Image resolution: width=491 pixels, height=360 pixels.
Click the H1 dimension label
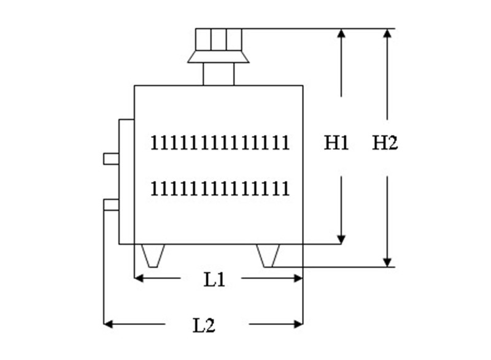point(336,144)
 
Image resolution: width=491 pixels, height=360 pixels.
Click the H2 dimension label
point(385,144)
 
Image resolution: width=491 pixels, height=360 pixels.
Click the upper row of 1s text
point(220,143)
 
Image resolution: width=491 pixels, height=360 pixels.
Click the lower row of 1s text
point(220,188)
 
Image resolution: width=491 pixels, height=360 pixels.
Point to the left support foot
point(153,255)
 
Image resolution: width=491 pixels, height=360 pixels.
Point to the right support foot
point(268,255)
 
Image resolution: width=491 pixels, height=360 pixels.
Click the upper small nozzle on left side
point(111,159)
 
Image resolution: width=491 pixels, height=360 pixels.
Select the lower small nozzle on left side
point(111,205)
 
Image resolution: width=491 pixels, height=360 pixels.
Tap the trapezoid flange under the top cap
point(218,57)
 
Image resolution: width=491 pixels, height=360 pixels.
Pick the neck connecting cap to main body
point(218,74)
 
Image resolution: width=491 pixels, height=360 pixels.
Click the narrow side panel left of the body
point(126,181)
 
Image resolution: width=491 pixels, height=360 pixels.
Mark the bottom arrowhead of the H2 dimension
point(387,262)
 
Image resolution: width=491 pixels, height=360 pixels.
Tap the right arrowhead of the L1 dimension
point(298,278)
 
